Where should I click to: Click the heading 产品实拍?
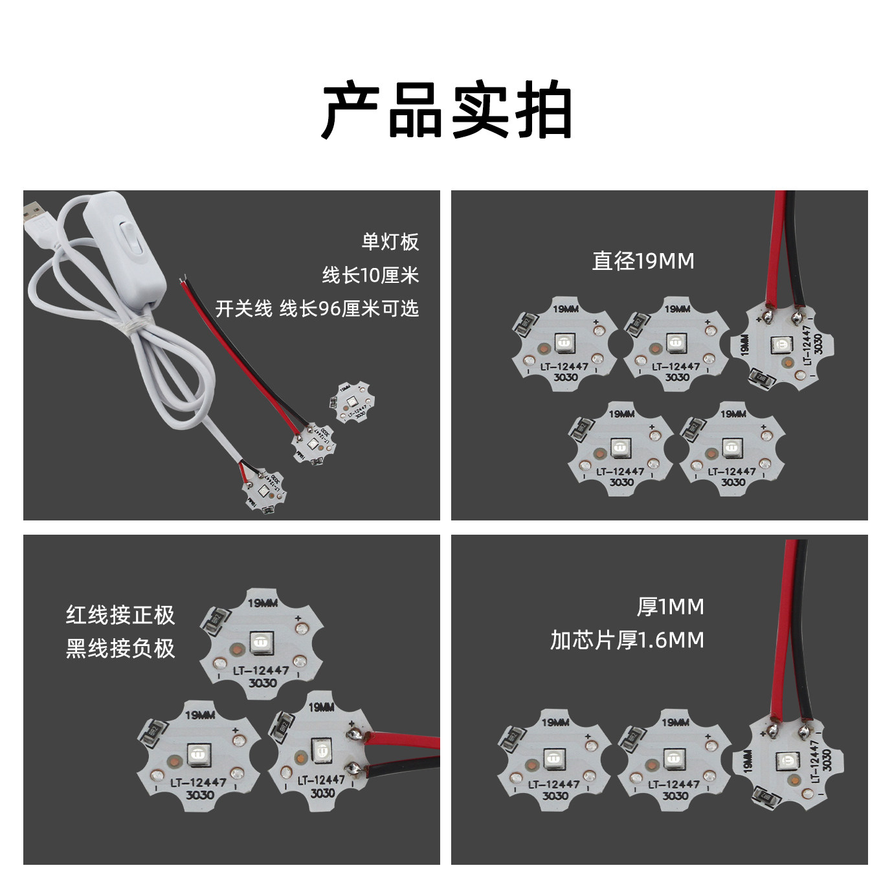pyautogui.click(x=447, y=111)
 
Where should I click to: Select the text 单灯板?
pyautogui.click(x=390, y=241)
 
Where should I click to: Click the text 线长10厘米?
pyautogui.click(x=370, y=275)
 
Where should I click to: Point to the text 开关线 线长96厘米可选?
pyautogui.click(x=317, y=309)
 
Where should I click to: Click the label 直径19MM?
pyautogui.click(x=643, y=261)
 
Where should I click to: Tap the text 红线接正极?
pyautogui.click(x=120, y=614)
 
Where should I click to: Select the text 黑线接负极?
pyautogui.click(x=120, y=648)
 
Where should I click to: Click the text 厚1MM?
pyautogui.click(x=670, y=607)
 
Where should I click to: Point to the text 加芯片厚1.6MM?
pyautogui.click(x=627, y=640)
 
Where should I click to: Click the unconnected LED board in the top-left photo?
pyautogui.click(x=351, y=403)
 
